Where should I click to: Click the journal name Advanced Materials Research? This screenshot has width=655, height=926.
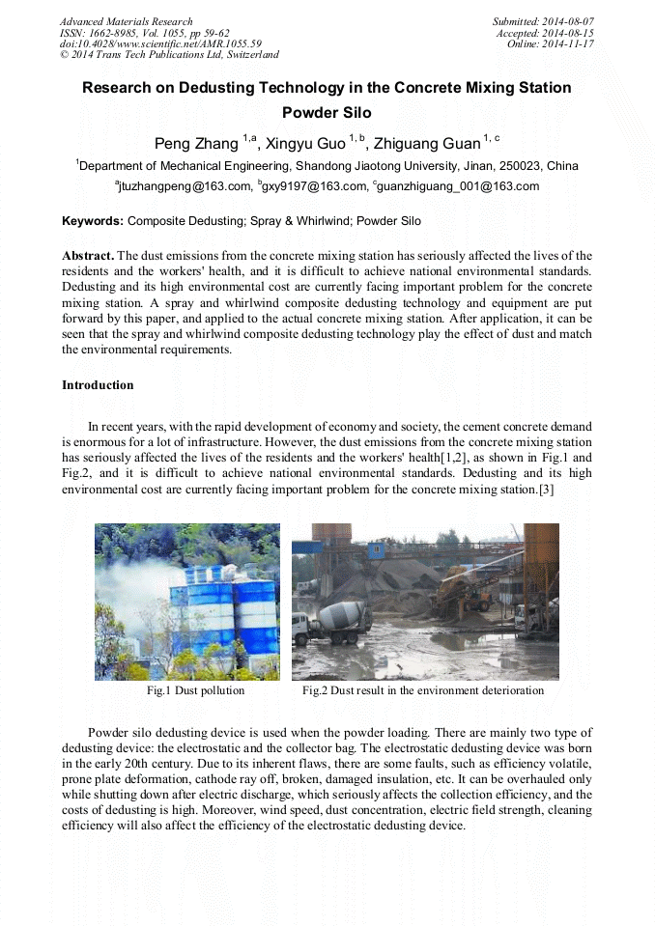pos(126,21)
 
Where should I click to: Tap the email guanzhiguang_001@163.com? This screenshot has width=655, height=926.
pos(458,186)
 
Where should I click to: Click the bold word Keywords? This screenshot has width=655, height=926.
pos(92,221)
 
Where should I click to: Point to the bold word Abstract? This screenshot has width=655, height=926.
pos(87,256)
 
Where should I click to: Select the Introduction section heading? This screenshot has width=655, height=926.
pos(98,385)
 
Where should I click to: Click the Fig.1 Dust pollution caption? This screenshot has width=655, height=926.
pos(195,690)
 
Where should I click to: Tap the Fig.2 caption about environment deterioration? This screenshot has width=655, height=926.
pos(423,690)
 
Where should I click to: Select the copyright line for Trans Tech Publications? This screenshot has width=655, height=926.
pos(169,55)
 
